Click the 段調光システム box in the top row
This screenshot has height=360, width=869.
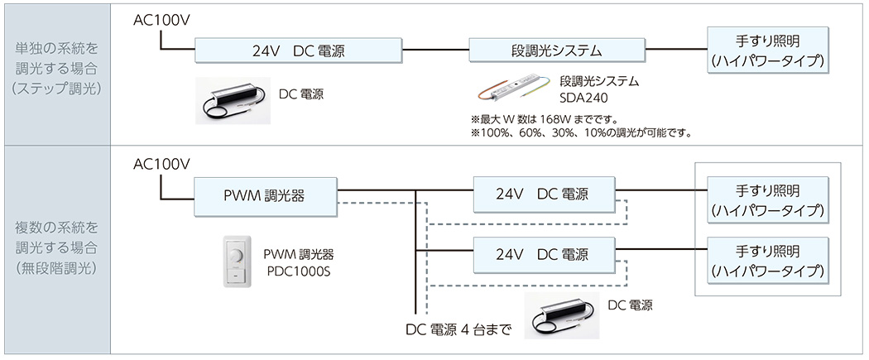click(x=556, y=50)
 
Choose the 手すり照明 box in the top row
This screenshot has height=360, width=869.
click(x=767, y=50)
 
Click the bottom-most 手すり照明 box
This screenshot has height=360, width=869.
click(x=767, y=260)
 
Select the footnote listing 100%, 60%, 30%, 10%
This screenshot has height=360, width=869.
click(x=580, y=132)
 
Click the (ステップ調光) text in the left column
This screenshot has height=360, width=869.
click(x=57, y=89)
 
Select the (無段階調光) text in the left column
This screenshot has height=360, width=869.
click(x=57, y=268)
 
